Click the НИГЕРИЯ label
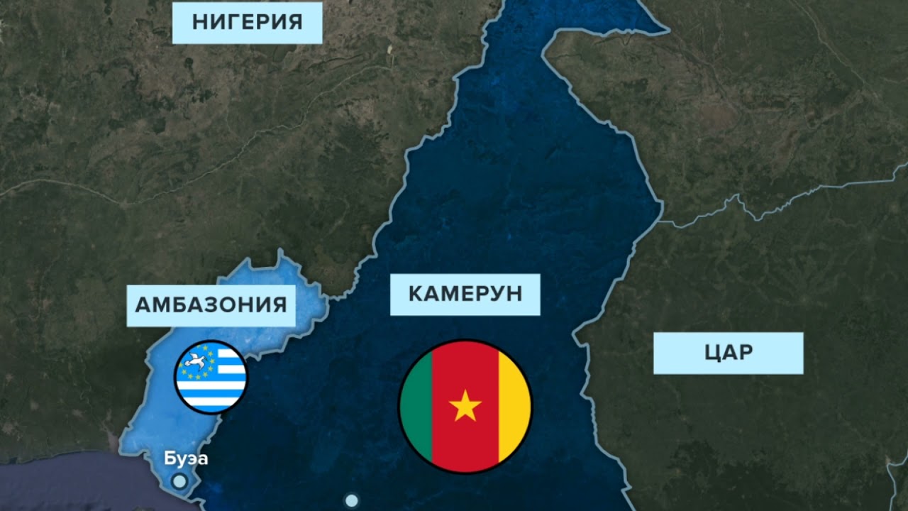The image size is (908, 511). [247, 22]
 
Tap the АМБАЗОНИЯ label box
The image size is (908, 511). [211, 305]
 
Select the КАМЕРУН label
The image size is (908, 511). [465, 294]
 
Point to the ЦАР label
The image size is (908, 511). [728, 353]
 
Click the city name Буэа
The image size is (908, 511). [186, 458]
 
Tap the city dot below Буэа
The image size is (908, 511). [180, 481]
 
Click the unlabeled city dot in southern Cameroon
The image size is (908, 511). [352, 500]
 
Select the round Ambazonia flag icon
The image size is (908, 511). [211, 377]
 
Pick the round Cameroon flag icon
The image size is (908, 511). [465, 406]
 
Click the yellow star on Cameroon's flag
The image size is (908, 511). [465, 406]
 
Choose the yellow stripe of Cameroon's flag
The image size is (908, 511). [514, 406]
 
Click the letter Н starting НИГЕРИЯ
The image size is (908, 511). [199, 22]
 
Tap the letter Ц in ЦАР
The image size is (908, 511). [712, 353]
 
